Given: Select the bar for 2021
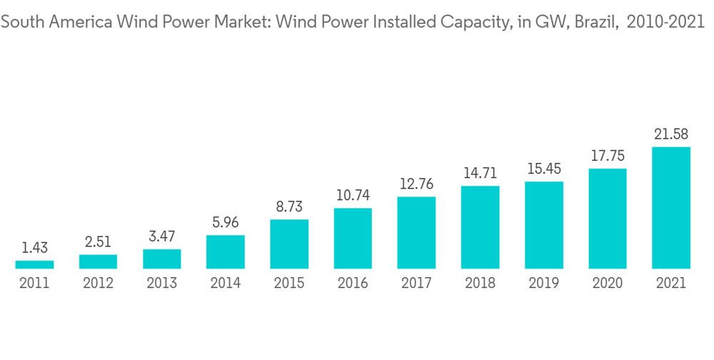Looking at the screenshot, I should (x=671, y=208).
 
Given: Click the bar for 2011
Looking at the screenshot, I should (x=34, y=265).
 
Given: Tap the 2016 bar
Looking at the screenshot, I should (x=353, y=239).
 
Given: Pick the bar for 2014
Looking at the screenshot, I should (x=226, y=252).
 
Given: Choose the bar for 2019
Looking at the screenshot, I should (x=544, y=225).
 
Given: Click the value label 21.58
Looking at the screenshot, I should (x=671, y=134).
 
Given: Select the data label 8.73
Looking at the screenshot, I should (x=289, y=207).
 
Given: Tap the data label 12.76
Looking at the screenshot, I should (x=416, y=184).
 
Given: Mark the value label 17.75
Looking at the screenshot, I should (x=608, y=156).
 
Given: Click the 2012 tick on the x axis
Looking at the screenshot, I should (x=98, y=284).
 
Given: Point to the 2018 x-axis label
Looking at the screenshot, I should (x=481, y=284).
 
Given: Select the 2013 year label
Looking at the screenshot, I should (x=162, y=284).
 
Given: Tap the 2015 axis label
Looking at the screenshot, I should (x=289, y=284).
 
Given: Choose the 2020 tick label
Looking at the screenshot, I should (x=608, y=284).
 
